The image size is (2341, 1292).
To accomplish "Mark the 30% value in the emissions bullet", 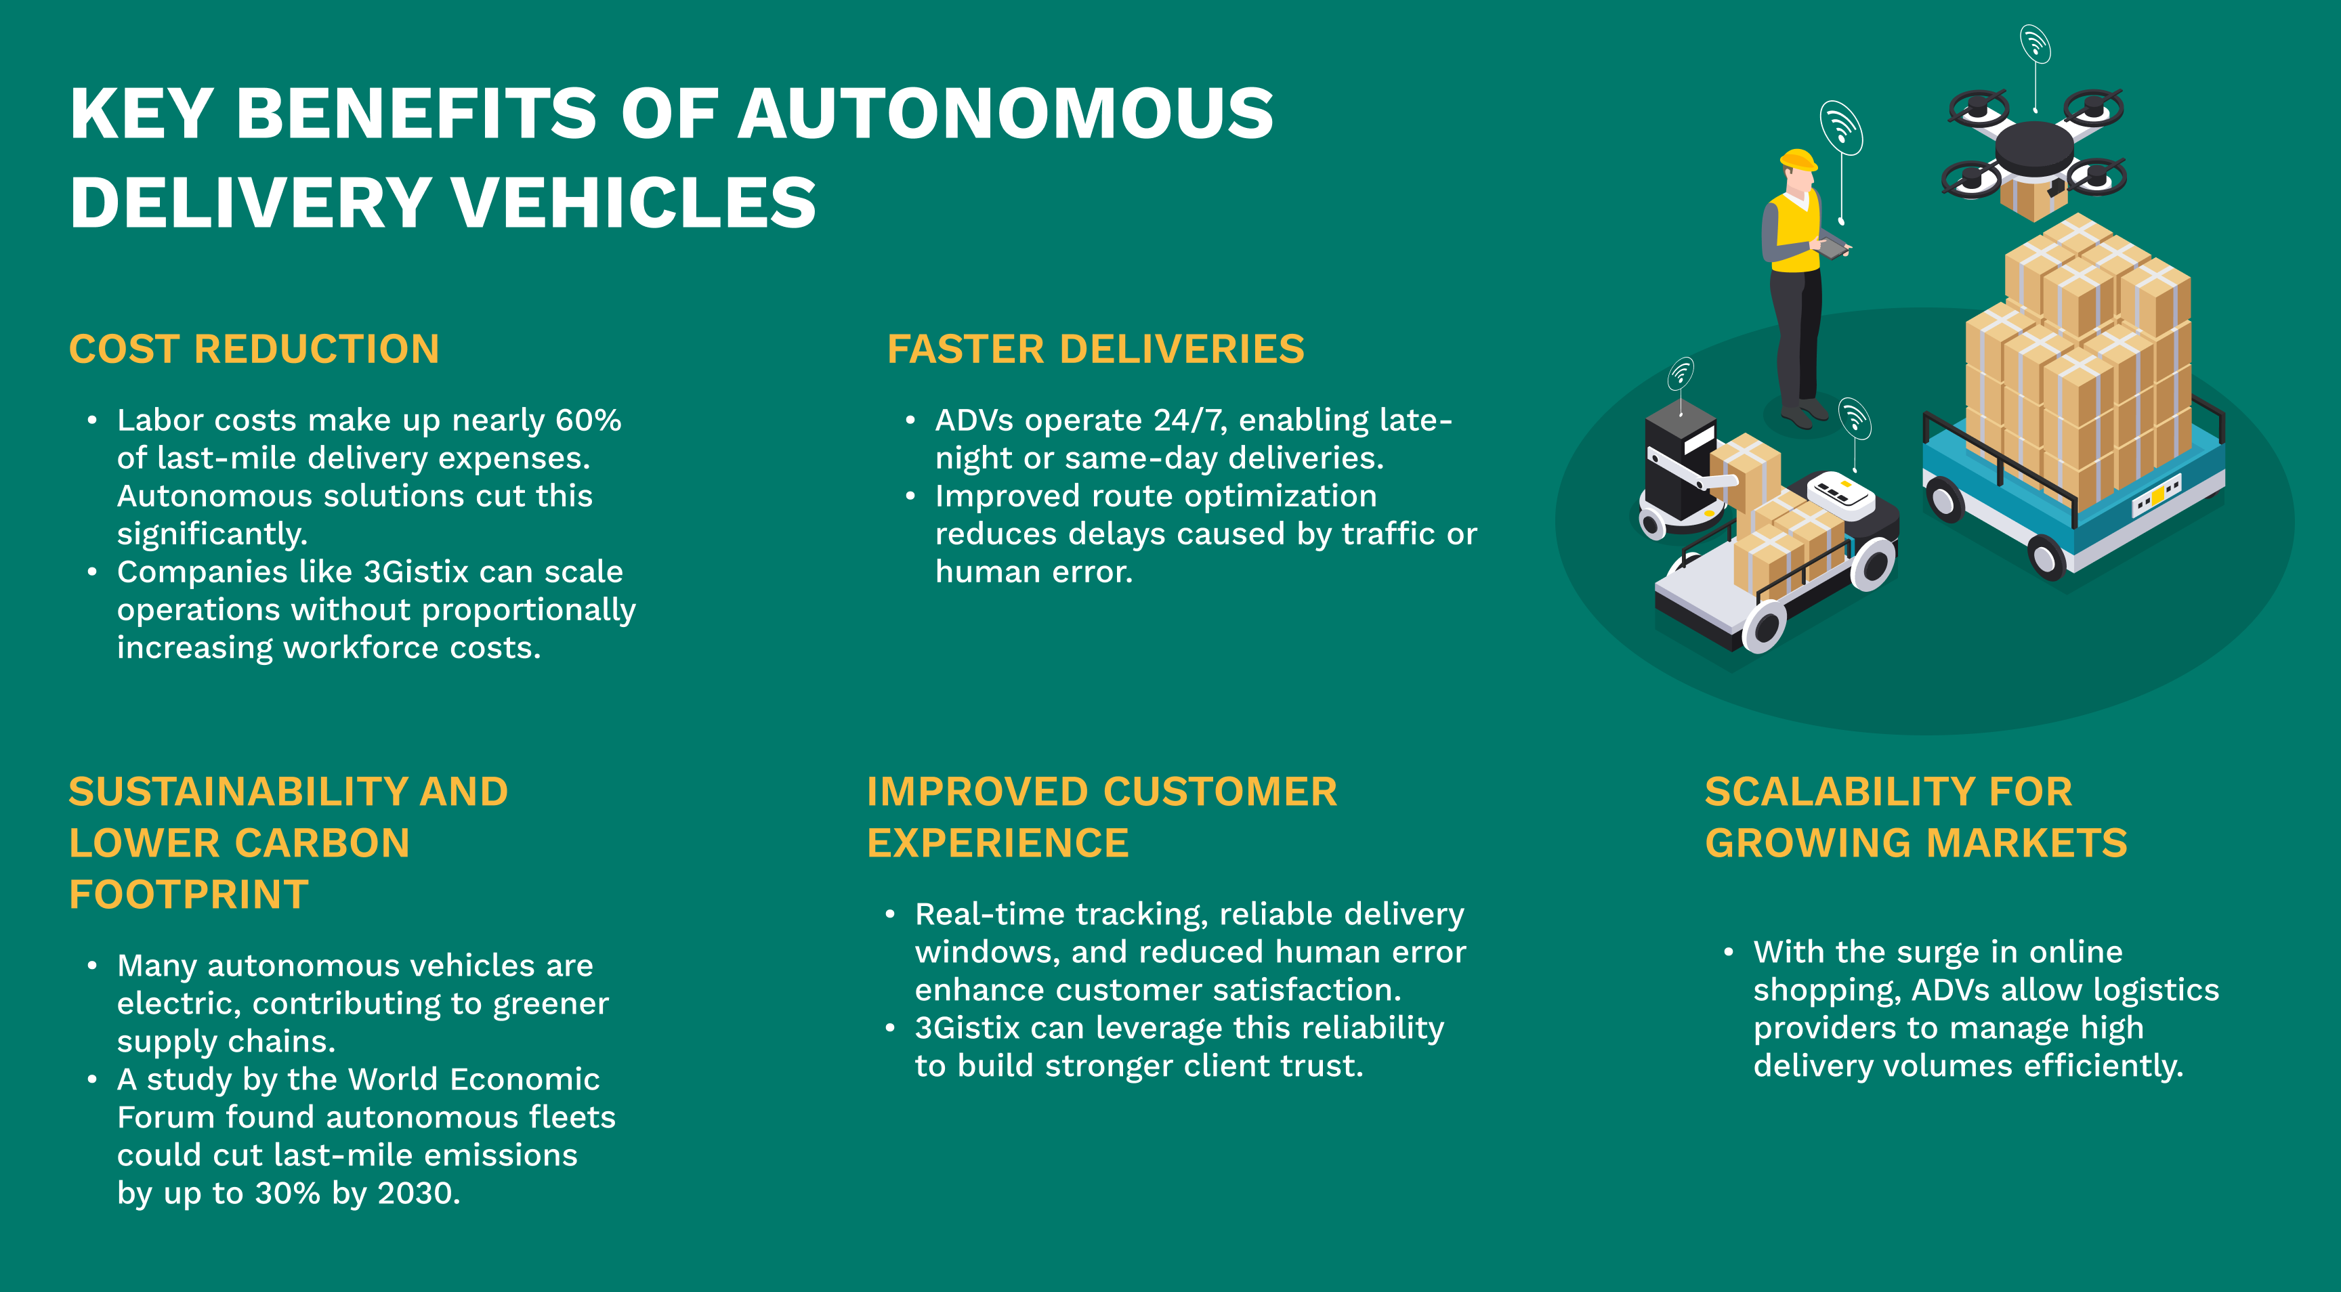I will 287,1193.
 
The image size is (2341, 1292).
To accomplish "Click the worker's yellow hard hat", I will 1798,160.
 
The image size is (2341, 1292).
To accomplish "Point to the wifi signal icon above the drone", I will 2036,43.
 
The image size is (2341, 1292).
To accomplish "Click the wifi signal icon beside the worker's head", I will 1841,127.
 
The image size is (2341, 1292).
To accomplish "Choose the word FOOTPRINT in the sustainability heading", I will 189,895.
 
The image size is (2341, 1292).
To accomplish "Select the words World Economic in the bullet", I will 473,1079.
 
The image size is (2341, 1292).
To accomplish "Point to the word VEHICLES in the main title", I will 633,202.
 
